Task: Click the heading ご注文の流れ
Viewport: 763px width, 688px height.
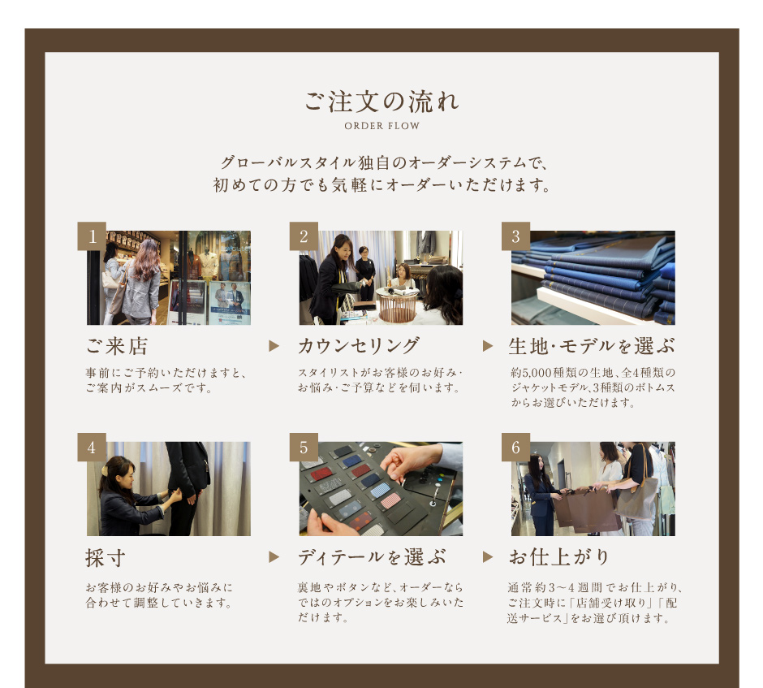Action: point(381,102)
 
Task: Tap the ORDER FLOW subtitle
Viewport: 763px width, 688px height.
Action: point(382,126)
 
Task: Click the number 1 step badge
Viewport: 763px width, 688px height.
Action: point(92,236)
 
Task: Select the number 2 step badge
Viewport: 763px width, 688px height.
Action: point(304,236)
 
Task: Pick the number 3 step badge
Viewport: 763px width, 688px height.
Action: point(515,236)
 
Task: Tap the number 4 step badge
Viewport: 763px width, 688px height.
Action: point(92,447)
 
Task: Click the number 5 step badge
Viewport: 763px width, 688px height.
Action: point(304,447)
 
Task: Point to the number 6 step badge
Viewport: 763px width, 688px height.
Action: point(515,447)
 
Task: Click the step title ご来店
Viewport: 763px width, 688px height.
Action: point(117,346)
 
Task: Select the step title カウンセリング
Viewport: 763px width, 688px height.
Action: point(359,346)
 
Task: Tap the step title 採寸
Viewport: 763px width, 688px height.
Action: point(105,557)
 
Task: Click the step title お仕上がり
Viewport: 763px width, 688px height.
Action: point(559,557)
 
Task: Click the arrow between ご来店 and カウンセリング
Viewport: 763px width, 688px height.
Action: point(274,346)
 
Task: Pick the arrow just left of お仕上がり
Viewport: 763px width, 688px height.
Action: point(488,557)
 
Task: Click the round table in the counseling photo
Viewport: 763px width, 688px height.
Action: point(398,304)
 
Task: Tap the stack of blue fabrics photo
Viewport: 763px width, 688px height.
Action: point(593,278)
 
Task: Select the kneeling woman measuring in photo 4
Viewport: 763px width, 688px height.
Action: point(131,496)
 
